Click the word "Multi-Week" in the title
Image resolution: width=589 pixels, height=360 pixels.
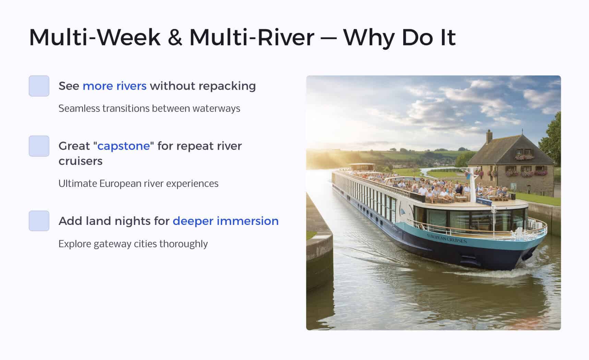(95, 37)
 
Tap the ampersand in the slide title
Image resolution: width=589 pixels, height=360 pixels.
(175, 37)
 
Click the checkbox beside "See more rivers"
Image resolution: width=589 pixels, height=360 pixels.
(39, 86)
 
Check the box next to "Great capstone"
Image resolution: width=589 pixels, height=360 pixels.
(39, 146)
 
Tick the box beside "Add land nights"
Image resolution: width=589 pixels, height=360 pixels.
(39, 221)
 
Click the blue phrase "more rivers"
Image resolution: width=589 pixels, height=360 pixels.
(115, 86)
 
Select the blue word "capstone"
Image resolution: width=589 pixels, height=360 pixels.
(124, 146)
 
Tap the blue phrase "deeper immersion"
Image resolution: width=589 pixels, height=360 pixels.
(226, 221)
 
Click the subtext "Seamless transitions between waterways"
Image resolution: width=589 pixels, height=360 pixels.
(149, 108)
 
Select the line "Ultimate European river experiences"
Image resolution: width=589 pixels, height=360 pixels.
(138, 183)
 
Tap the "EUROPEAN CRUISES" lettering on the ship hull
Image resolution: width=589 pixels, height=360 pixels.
(447, 238)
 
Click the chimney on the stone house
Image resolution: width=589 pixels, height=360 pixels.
(489, 137)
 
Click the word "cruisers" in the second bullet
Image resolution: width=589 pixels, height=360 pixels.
(81, 161)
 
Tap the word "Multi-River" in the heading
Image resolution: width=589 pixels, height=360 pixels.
(252, 37)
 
